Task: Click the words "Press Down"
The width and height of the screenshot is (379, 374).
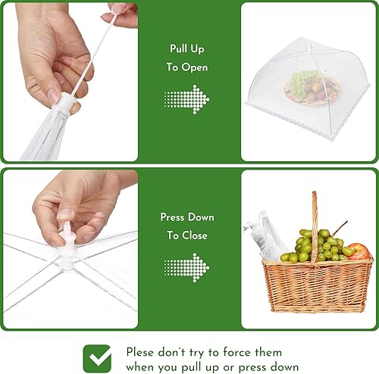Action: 187,217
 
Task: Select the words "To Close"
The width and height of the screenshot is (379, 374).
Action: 187,235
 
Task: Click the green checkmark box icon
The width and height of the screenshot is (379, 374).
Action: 96,358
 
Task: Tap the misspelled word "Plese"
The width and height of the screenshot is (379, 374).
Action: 140,352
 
